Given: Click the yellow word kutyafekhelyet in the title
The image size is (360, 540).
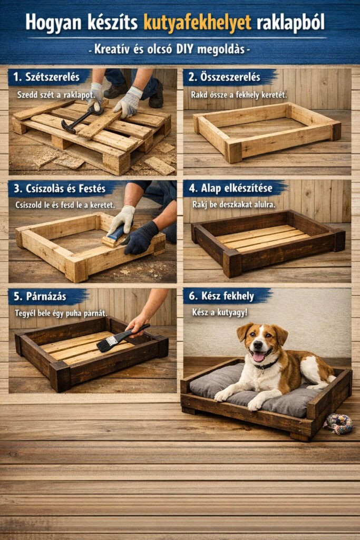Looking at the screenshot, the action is coord(197,23).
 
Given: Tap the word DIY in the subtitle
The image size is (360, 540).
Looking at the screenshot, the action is coord(186,49).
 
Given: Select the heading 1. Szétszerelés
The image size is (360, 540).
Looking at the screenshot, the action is coord(46,77).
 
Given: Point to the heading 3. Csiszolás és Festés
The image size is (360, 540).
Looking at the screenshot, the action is coord(60,188).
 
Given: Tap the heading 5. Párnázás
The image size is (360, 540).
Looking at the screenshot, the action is coord(40,296).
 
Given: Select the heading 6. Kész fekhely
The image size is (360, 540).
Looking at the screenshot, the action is coord(221,296).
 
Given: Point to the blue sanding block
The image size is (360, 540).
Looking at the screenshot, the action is coord(117,233).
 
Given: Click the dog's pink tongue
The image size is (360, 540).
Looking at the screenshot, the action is coord(258,356).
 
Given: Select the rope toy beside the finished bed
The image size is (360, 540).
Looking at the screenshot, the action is coord(339,423).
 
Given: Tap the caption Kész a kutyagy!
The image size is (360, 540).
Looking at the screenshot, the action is coord(220,312).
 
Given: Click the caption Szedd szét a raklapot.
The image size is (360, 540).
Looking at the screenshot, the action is coord(56,95).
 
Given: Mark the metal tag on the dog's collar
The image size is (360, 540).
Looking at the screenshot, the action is coord(262,371).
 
